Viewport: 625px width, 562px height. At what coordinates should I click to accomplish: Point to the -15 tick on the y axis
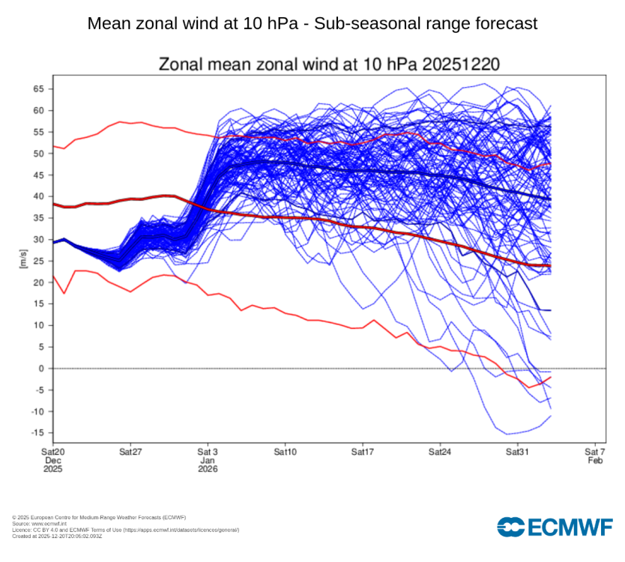[38, 433]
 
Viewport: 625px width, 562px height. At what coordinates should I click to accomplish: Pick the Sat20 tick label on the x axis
[52, 453]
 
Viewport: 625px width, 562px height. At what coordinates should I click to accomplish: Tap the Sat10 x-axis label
[285, 453]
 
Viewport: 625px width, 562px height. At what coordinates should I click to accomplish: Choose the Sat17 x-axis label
[362, 453]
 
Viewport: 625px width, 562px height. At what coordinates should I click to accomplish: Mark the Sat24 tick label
[440, 453]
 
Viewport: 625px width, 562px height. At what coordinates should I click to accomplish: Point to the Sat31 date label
[517, 453]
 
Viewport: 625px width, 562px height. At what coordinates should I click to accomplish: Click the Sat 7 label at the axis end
[595, 453]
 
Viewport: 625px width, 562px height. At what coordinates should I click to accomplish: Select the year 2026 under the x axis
[208, 469]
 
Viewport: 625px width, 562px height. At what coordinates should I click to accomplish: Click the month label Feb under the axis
[595, 461]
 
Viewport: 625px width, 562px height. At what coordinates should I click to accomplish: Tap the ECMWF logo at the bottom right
[555, 527]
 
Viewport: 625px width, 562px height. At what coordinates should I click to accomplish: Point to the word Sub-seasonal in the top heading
[359, 23]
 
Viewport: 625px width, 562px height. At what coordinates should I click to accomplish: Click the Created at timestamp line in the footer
[57, 535]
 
